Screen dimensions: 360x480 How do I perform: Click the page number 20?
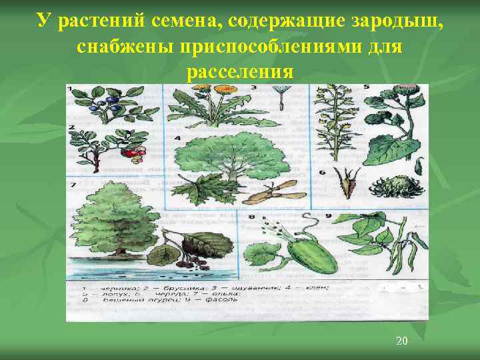tap(401, 341)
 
